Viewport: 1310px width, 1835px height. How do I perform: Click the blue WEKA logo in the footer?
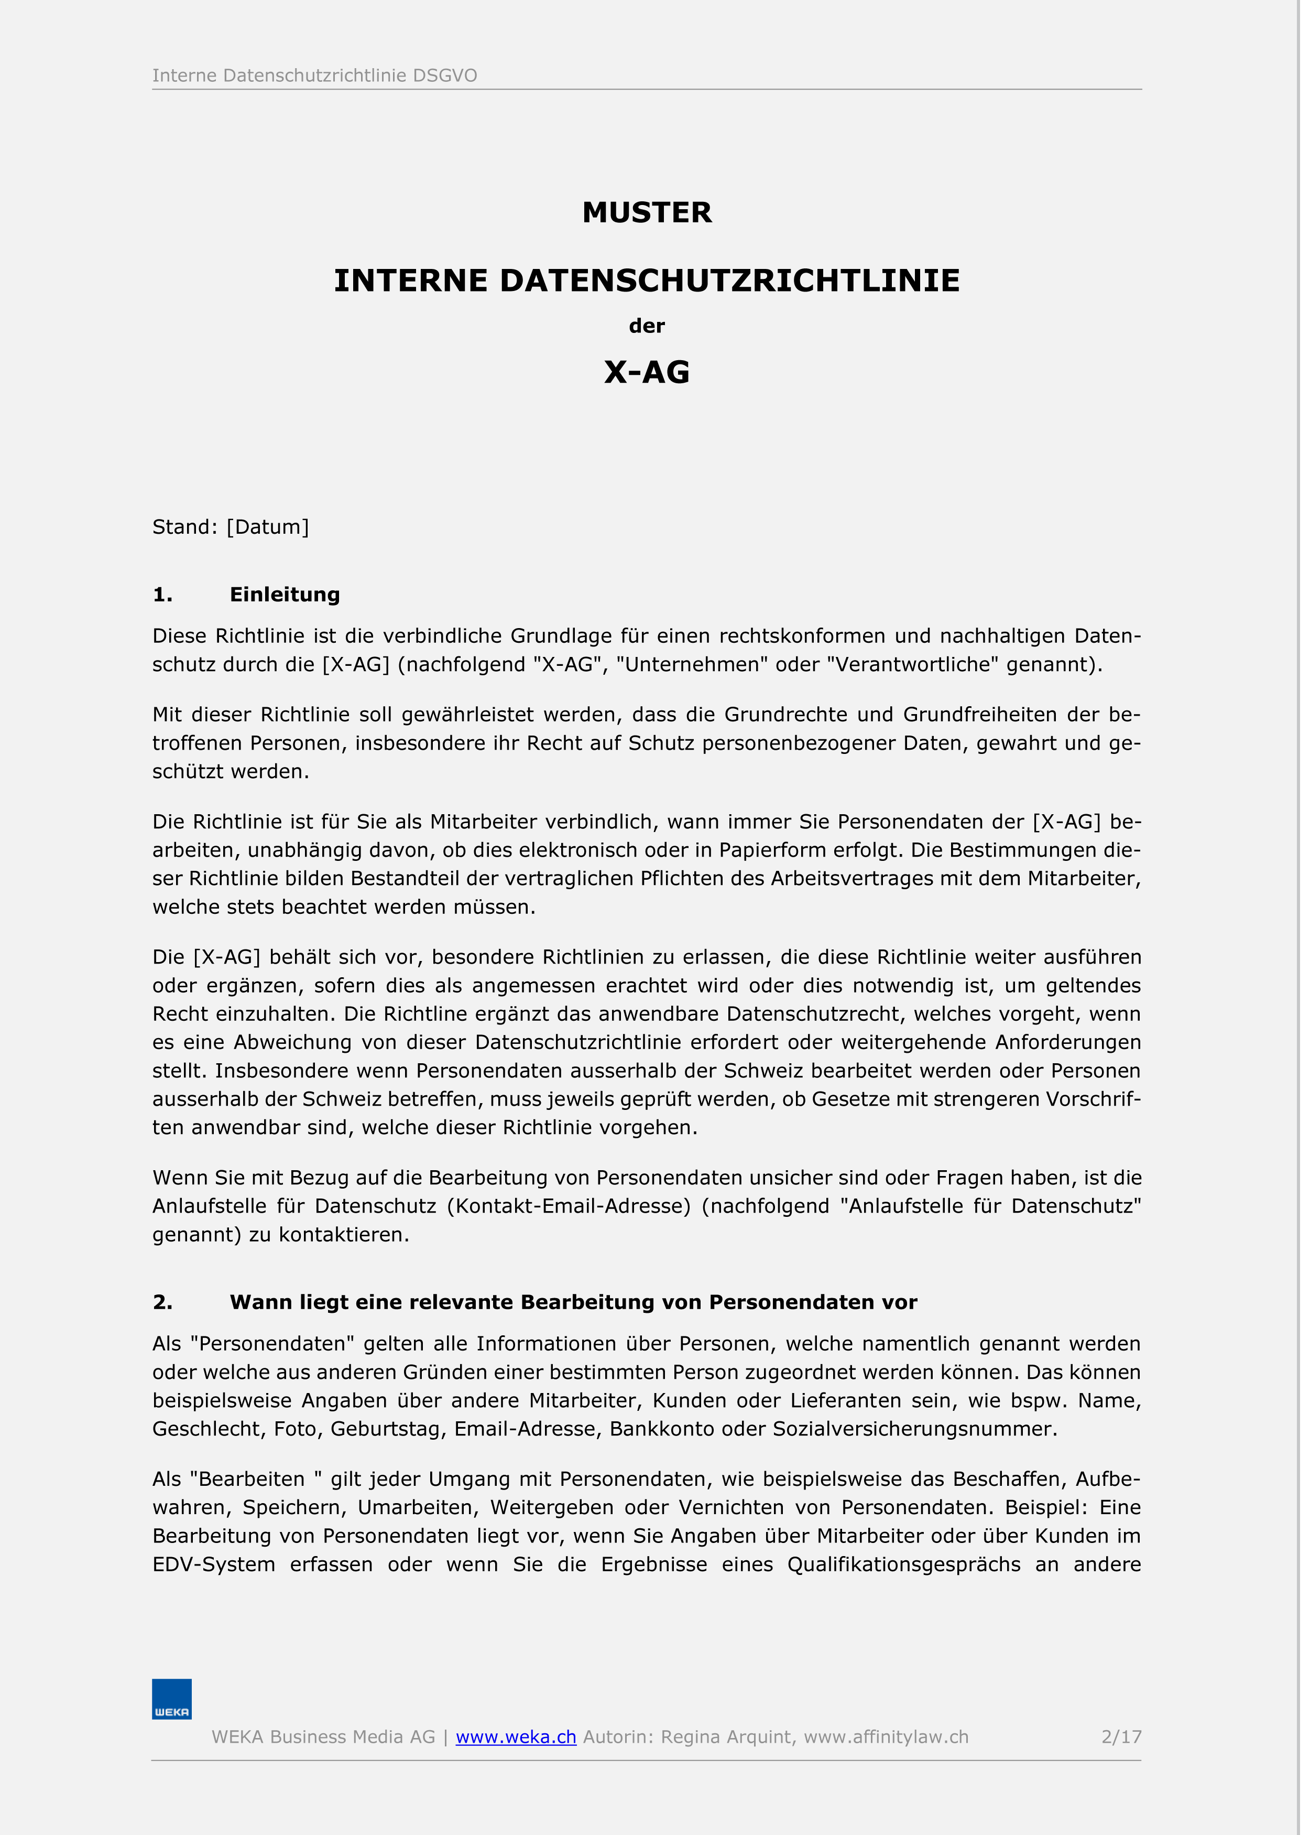click(172, 1699)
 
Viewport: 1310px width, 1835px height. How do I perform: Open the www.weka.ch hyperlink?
click(516, 1736)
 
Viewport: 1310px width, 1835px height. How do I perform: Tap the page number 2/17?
click(1121, 1736)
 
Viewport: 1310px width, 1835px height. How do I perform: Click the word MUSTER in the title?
click(647, 212)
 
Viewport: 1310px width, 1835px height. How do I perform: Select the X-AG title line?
click(647, 372)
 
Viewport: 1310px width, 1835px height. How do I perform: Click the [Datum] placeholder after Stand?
click(268, 527)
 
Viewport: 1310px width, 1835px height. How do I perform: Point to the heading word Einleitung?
click(285, 595)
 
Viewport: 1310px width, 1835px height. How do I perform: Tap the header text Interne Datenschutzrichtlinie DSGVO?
click(314, 76)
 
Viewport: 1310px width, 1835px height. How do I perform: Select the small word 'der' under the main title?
click(647, 326)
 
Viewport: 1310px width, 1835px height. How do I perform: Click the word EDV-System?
click(214, 1564)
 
